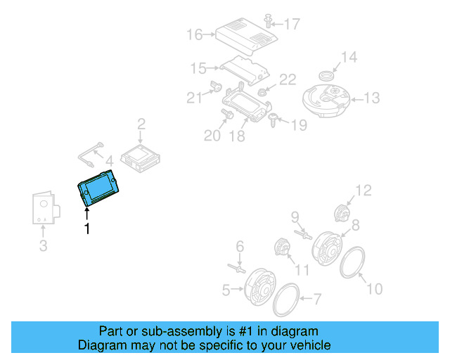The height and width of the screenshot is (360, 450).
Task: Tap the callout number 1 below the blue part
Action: [87, 229]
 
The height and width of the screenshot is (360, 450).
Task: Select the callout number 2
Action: [141, 124]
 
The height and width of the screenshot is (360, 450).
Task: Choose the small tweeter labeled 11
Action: [283, 247]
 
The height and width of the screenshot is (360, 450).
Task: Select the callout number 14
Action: [349, 58]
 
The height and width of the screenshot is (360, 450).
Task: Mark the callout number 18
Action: [237, 136]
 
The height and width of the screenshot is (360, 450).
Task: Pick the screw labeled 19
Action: [274, 120]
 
